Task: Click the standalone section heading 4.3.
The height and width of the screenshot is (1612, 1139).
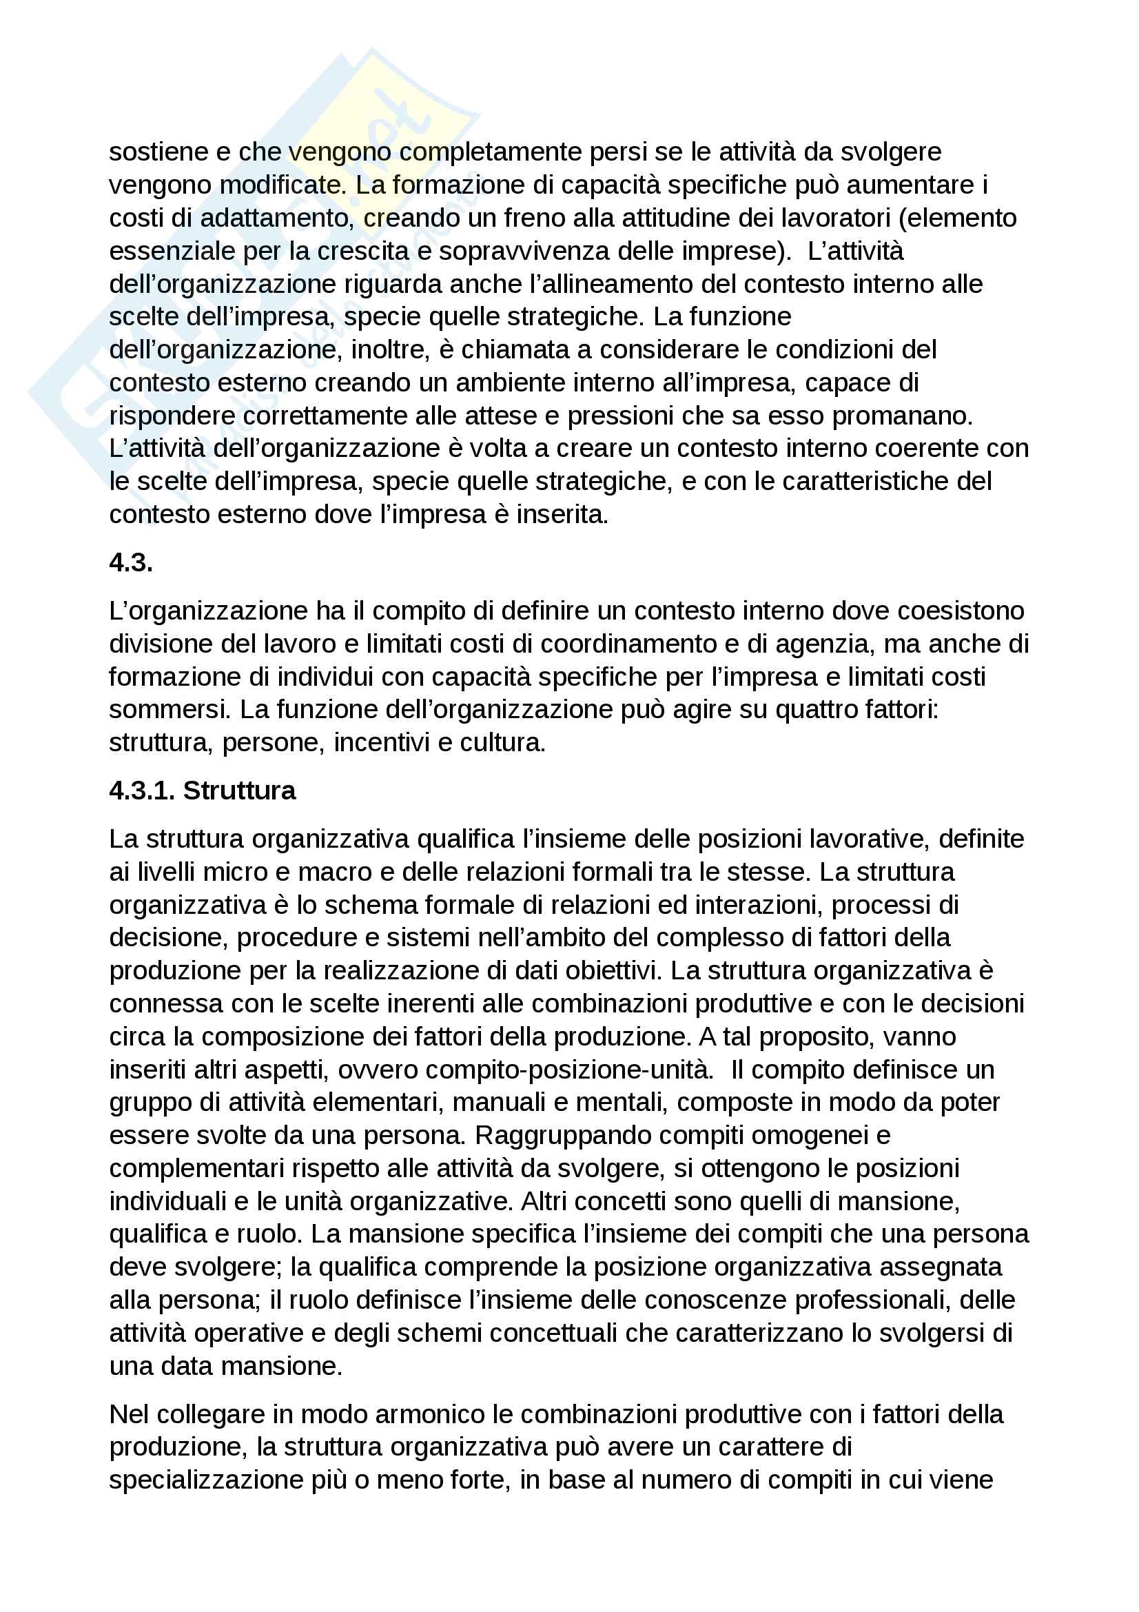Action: pos(130,562)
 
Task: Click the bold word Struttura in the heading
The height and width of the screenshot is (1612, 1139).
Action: pos(239,790)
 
